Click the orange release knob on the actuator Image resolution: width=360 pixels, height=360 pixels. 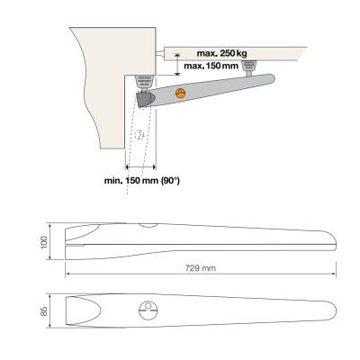pyautogui.click(x=180, y=94)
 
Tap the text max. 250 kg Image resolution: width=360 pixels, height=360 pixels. pyautogui.click(x=222, y=53)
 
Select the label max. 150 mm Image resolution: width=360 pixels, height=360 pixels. pyautogui.click(x=211, y=66)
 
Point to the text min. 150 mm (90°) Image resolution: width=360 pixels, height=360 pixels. pyautogui.click(x=142, y=181)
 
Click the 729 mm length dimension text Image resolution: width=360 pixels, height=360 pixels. pyautogui.click(x=201, y=268)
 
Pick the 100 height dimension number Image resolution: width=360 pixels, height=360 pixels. pyautogui.click(x=44, y=242)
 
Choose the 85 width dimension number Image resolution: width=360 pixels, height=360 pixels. pyautogui.click(x=44, y=311)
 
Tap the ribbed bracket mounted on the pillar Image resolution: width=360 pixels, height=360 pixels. pyautogui.click(x=145, y=81)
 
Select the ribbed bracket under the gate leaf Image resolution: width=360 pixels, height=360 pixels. pyautogui.click(x=249, y=65)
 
